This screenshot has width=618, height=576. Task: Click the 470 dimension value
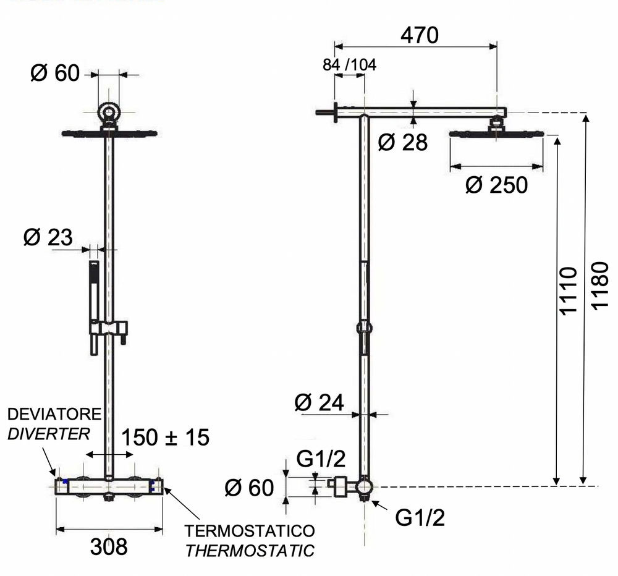pyautogui.click(x=420, y=35)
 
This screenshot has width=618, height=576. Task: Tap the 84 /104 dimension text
pyautogui.click(x=350, y=65)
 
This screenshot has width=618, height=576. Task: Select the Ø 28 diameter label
pyautogui.click(x=402, y=142)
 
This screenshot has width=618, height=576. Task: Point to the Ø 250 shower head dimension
pyautogui.click(x=496, y=185)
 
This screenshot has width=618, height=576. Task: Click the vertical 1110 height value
pyautogui.click(x=569, y=291)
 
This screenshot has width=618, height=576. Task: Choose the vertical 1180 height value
pyautogui.click(x=600, y=286)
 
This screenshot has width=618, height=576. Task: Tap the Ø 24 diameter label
pyautogui.click(x=320, y=402)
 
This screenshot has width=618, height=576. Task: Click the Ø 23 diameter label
pyautogui.click(x=48, y=237)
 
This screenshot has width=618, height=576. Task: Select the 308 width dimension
pyautogui.click(x=109, y=547)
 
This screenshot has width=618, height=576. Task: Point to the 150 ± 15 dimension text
pyautogui.click(x=165, y=437)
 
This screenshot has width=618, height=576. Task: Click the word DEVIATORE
pyautogui.click(x=54, y=414)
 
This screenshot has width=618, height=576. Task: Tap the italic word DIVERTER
pyautogui.click(x=48, y=434)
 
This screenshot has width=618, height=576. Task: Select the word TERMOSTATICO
pyautogui.click(x=250, y=531)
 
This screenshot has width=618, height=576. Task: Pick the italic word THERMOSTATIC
pyautogui.click(x=250, y=551)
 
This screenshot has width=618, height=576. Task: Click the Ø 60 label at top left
pyautogui.click(x=55, y=73)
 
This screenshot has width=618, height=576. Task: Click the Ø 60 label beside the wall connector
pyautogui.click(x=249, y=488)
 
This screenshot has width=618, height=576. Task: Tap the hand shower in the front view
pyautogui.click(x=94, y=308)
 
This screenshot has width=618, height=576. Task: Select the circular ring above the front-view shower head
pyautogui.click(x=108, y=113)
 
